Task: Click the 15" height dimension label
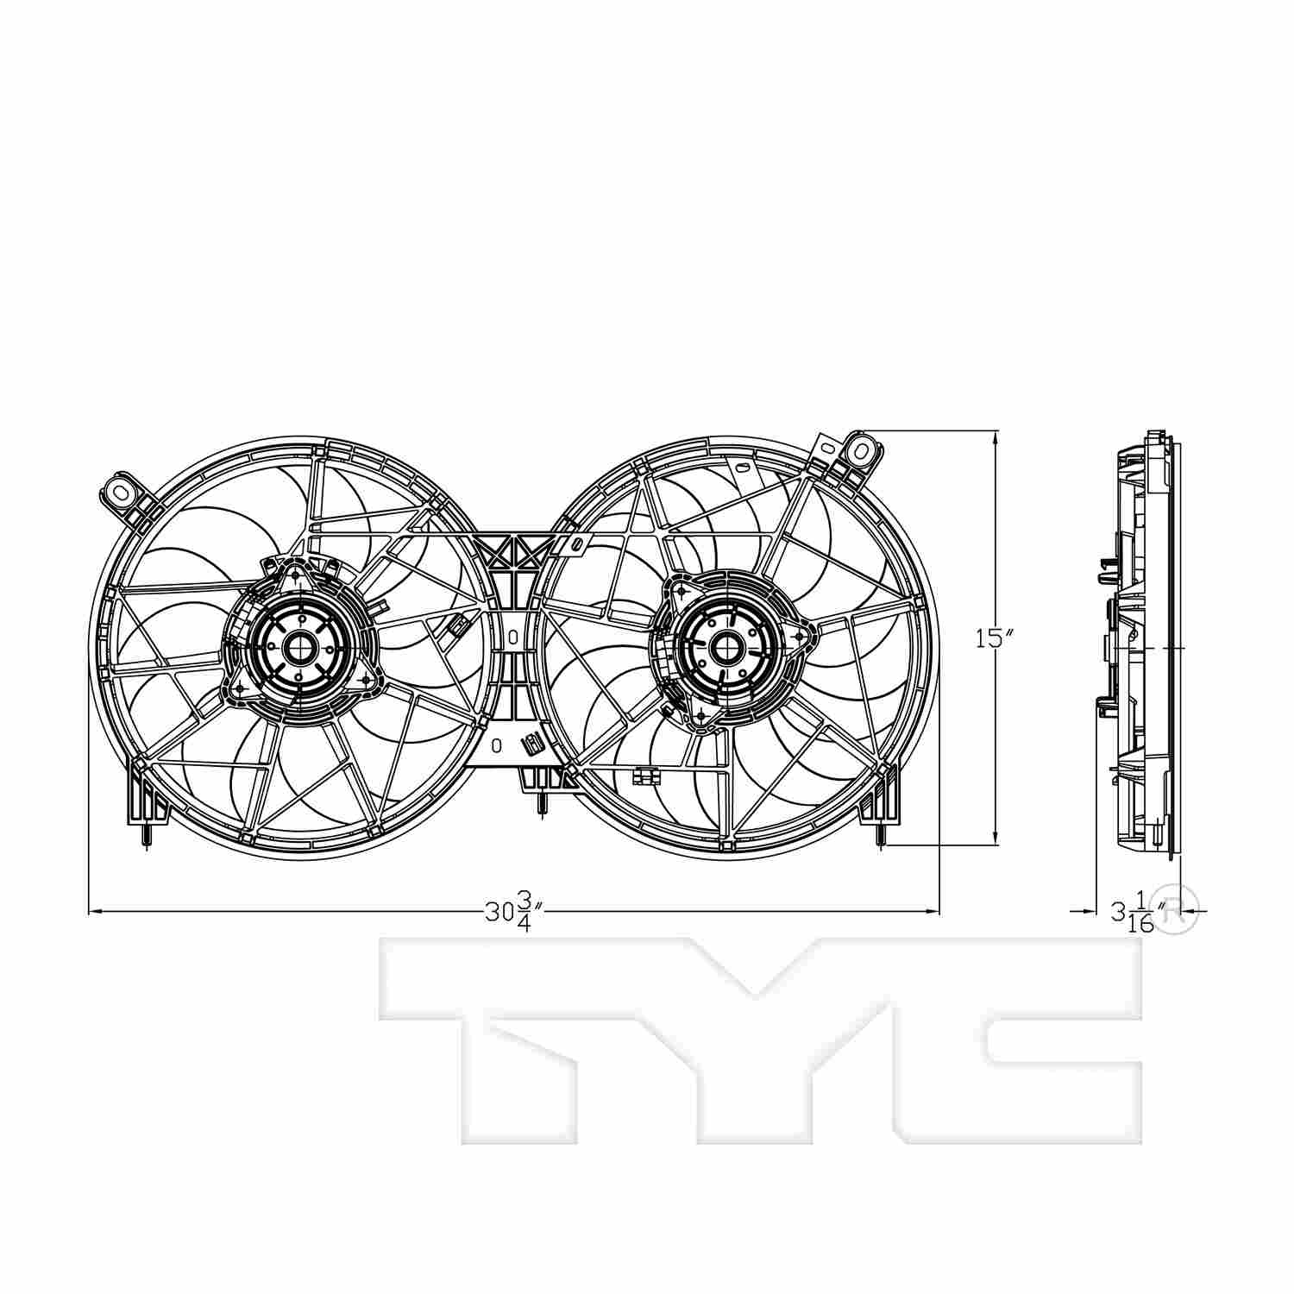tap(994, 638)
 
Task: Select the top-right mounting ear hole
tap(860, 449)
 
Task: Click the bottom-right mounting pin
tap(880, 835)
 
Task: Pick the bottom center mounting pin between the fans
tap(541, 802)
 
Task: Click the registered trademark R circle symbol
tap(1178, 908)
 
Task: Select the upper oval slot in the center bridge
tap(512, 638)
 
